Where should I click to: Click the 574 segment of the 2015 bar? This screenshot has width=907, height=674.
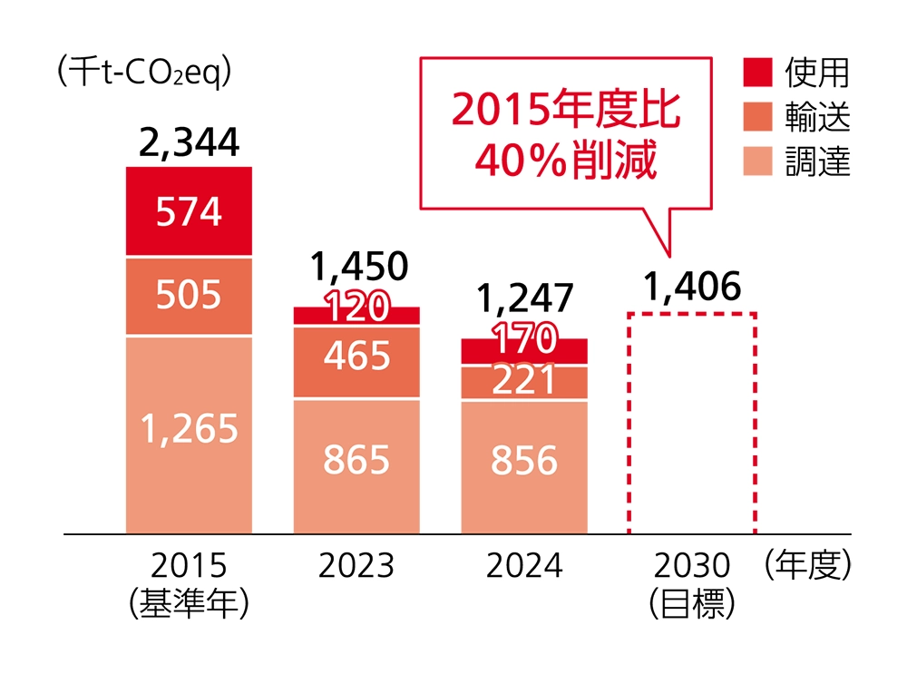click(189, 212)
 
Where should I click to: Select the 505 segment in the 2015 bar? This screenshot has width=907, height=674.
click(189, 296)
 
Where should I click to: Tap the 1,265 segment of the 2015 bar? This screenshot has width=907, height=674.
click(189, 429)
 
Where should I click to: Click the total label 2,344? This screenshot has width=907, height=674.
click(190, 142)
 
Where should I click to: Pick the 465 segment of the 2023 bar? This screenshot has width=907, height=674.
click(356, 357)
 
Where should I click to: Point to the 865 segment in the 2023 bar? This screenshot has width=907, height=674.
click(356, 461)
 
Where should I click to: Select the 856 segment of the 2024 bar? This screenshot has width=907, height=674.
click(524, 461)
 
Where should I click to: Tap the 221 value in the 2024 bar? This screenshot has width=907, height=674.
click(524, 380)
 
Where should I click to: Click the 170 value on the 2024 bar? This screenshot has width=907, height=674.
click(524, 342)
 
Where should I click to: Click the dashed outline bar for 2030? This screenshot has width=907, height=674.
click(692, 423)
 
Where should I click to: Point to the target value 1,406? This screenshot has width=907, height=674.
click(693, 287)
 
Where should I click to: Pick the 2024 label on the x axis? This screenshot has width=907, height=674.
click(524, 566)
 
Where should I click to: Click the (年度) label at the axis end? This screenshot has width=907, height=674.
click(809, 566)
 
